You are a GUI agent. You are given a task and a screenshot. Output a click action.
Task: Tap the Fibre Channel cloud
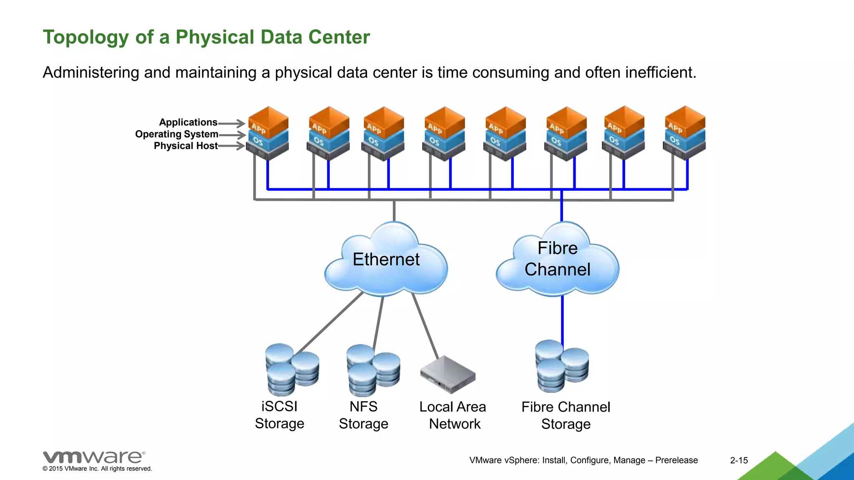558,259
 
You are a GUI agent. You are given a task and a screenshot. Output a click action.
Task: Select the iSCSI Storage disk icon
292,370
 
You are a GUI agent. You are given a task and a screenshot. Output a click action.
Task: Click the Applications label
188,122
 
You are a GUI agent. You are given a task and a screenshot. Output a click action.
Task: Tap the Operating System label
176,134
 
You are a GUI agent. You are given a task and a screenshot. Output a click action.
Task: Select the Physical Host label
186,146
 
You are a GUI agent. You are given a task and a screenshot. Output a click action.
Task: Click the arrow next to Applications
232,123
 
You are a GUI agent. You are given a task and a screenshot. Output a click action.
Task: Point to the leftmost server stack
268,133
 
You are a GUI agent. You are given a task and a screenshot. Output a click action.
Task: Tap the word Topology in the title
86,37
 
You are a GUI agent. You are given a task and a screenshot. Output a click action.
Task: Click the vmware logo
94,457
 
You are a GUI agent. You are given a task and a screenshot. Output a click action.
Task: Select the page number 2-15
739,460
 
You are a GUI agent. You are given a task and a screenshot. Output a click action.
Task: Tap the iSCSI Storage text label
279,415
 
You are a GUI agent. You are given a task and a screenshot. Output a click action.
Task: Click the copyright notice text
97,469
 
